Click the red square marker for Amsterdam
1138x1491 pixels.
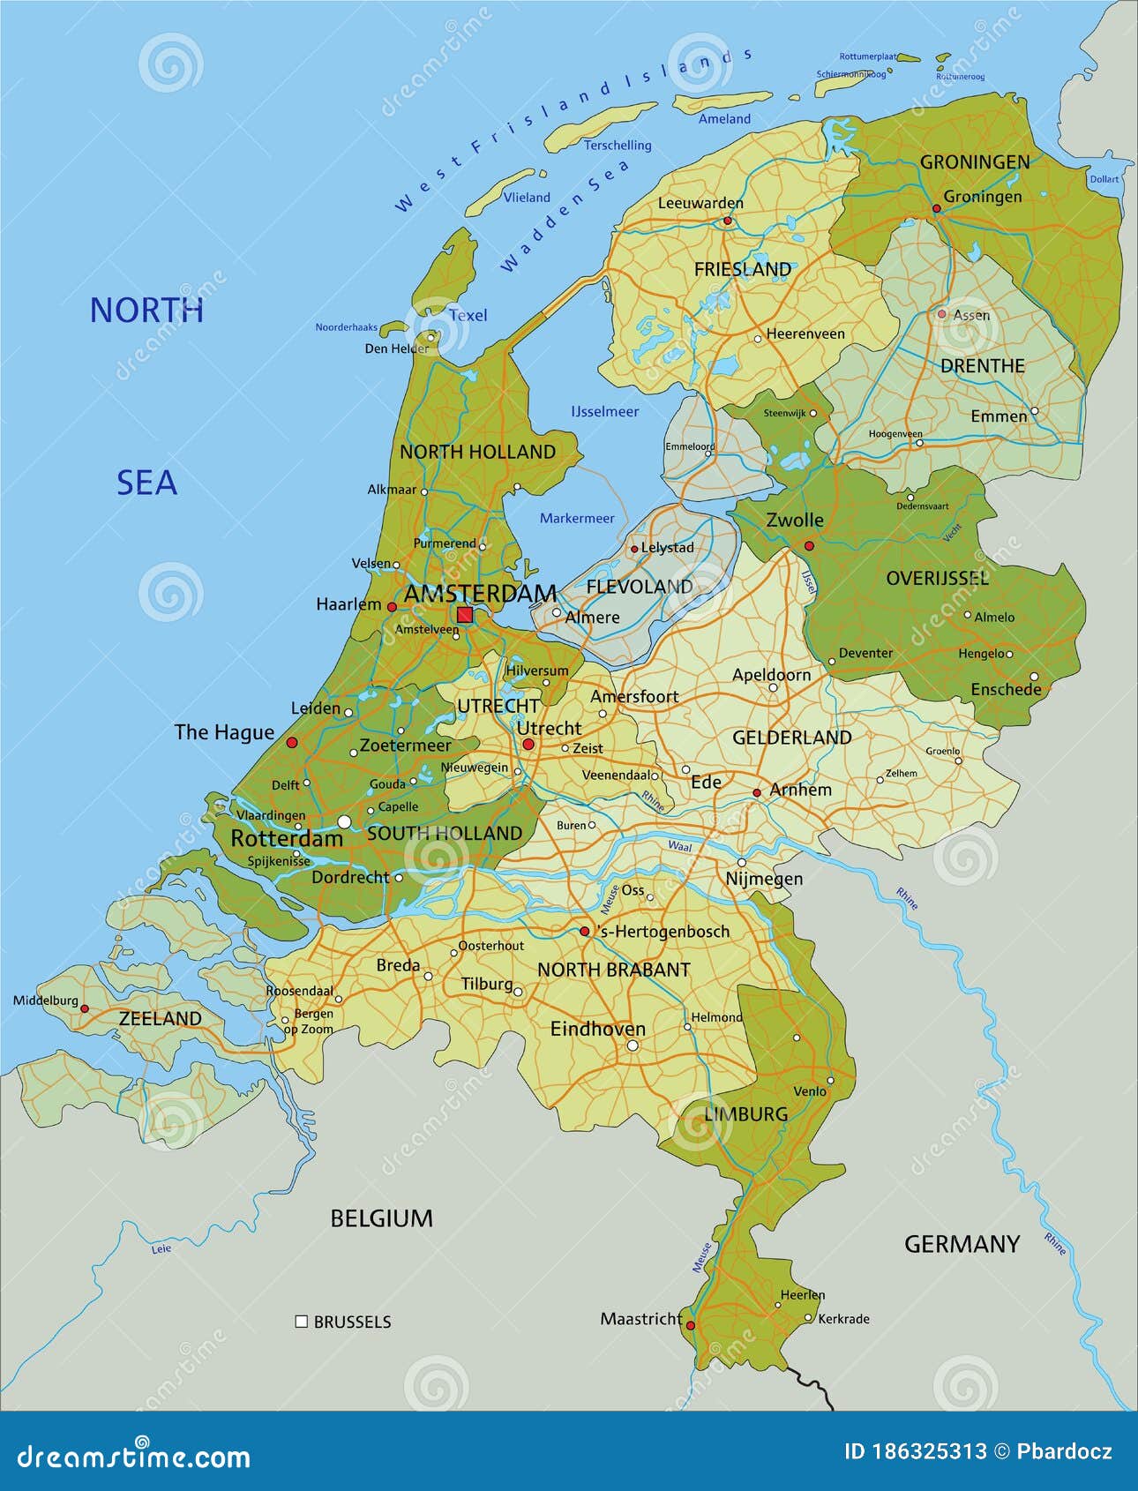tap(464, 615)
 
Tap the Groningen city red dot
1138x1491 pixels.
tap(937, 209)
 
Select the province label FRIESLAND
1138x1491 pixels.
tap(742, 269)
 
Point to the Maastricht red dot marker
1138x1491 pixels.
tap(691, 1325)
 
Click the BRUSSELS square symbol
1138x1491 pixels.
tap(301, 1322)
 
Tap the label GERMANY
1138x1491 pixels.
tap(962, 1244)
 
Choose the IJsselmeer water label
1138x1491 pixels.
tap(604, 411)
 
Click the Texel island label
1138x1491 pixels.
tap(468, 315)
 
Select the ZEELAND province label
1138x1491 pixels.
tap(160, 1018)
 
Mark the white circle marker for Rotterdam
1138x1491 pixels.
tap(345, 821)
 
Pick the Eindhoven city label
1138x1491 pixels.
tap(597, 1029)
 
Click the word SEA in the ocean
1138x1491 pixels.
tap(146, 483)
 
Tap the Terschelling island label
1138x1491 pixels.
tap(618, 145)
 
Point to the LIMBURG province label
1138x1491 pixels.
tap(746, 1113)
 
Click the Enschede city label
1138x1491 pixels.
tap(1006, 689)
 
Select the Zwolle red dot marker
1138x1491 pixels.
tap(809, 546)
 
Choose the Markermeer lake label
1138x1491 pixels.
tap(577, 518)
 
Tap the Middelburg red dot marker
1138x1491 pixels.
tap(85, 1008)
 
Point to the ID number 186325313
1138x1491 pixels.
tap(927, 1451)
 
